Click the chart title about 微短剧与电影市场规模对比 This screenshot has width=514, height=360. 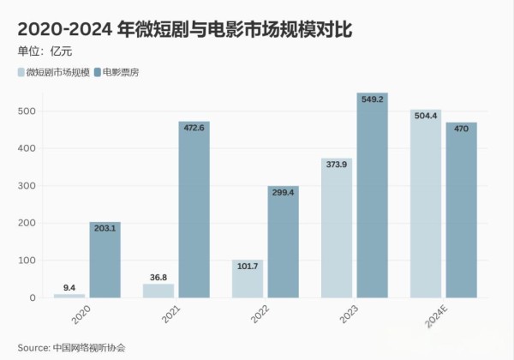pyautogui.click(x=185, y=29)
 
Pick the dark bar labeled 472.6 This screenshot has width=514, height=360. pyautogui.click(x=194, y=210)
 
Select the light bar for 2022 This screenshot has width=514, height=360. pyautogui.click(x=248, y=279)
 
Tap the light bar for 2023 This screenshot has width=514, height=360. pyautogui.click(x=337, y=228)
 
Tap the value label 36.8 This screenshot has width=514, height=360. pyautogui.click(x=158, y=277)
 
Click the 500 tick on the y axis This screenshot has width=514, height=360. pyautogui.click(x=28, y=111)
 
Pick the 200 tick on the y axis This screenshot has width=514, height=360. pyautogui.click(x=28, y=223)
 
